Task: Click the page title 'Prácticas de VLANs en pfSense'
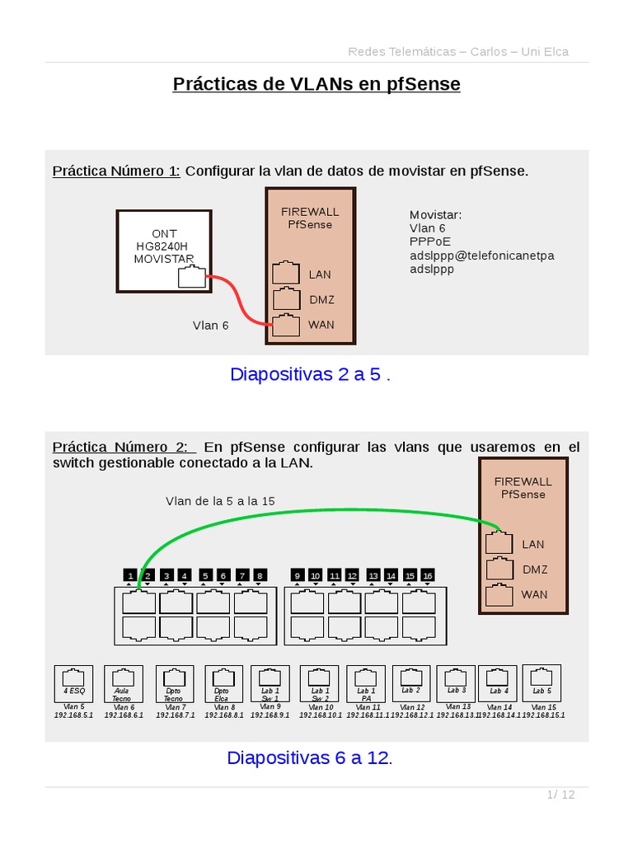pos(316,84)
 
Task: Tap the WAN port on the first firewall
pos(285,325)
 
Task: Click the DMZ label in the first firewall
pos(321,300)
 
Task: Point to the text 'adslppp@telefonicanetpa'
pos(481,256)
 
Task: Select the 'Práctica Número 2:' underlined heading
pos(124,447)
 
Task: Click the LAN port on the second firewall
pos(499,543)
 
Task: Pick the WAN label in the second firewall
pos(534,594)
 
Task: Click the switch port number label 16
pos(427,575)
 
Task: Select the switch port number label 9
pos(298,575)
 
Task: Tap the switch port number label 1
pos(129,575)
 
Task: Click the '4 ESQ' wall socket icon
pos(74,683)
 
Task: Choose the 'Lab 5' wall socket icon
pos(542,683)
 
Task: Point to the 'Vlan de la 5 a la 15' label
pos(220,501)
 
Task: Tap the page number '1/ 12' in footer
pos(560,795)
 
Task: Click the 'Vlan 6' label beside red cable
pos(211,326)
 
